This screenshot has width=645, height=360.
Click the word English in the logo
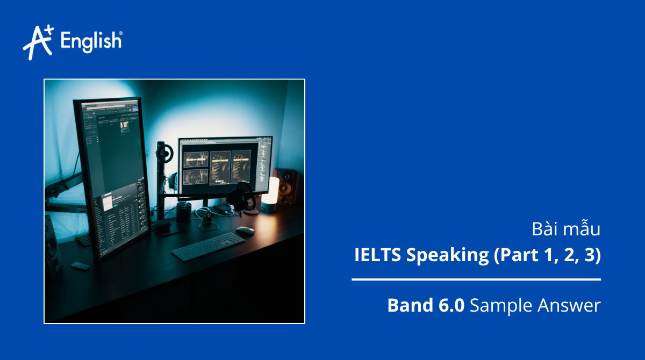coord(91,41)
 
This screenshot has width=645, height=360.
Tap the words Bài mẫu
coord(565,229)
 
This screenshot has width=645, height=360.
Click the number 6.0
coord(449,306)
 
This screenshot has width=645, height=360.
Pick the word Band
coord(409,306)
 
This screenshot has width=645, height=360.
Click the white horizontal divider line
coord(476,279)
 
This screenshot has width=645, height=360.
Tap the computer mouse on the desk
coord(245,231)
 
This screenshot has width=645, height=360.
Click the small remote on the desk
coord(80,266)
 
